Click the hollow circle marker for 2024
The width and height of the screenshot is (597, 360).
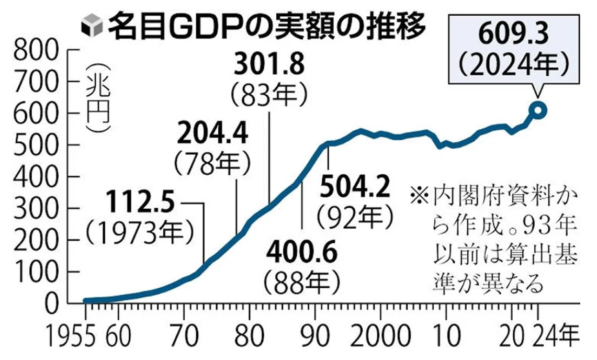[537, 110]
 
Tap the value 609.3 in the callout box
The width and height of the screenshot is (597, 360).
[513, 35]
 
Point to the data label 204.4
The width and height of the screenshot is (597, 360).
[213, 133]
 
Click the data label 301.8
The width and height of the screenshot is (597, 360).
[269, 64]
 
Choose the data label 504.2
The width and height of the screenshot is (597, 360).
[355, 187]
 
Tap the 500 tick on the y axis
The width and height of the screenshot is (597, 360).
[37, 145]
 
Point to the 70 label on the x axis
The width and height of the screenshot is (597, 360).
[184, 336]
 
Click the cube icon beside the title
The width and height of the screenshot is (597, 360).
[92, 26]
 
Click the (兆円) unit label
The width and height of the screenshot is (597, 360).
[98, 98]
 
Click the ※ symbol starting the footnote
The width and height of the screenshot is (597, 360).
[420, 197]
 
